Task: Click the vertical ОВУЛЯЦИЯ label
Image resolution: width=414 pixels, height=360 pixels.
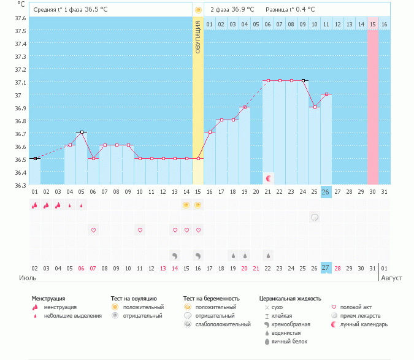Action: pos(197,37)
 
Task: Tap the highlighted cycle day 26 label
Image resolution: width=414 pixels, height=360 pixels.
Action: pos(326,192)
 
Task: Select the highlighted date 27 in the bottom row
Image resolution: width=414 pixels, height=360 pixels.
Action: pos(326,268)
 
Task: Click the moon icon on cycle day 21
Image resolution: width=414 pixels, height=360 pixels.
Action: pos(268,178)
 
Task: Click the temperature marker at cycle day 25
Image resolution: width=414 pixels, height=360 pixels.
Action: pos(315,107)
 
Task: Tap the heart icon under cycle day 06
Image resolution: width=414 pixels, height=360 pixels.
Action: pos(93,230)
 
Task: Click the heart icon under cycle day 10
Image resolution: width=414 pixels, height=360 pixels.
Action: pos(140,230)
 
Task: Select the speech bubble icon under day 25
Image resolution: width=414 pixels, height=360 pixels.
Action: pos(315,217)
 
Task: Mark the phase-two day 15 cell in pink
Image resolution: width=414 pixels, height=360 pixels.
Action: pos(372,24)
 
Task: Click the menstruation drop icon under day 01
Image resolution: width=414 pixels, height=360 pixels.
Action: pos(35,205)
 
